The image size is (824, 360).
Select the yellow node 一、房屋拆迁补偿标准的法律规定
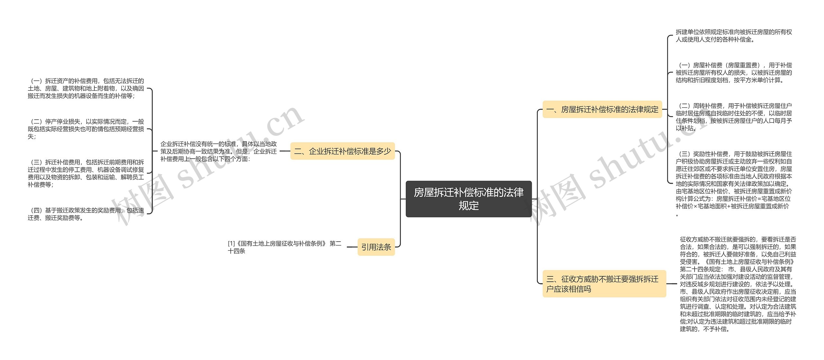tap(602, 109)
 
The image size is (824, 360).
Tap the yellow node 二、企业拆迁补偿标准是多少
tap(342, 151)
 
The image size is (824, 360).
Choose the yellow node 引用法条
tap(376, 247)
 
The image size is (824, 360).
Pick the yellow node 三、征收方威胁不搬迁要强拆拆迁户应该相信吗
tap(604, 284)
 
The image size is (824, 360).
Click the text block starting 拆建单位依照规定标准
tap(734, 36)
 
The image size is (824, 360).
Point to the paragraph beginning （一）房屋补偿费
tap(734, 73)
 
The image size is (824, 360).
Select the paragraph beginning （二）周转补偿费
tap(734, 117)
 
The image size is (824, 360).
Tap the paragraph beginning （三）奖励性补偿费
tap(734, 184)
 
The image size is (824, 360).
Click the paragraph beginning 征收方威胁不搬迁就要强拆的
tap(738, 284)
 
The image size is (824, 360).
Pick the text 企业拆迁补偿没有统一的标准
tap(219, 151)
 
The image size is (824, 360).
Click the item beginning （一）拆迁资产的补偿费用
tap(86, 88)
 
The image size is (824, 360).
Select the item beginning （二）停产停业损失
tap(86, 129)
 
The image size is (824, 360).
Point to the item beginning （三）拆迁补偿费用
tap(86, 173)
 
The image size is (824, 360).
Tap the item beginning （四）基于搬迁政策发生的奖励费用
tap(86, 214)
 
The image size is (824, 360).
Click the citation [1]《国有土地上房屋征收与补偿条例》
tap(284, 247)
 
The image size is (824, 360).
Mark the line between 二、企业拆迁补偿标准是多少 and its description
tap(285, 151)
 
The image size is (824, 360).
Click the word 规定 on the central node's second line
tap(469, 206)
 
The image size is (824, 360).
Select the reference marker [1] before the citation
tap(231, 244)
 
